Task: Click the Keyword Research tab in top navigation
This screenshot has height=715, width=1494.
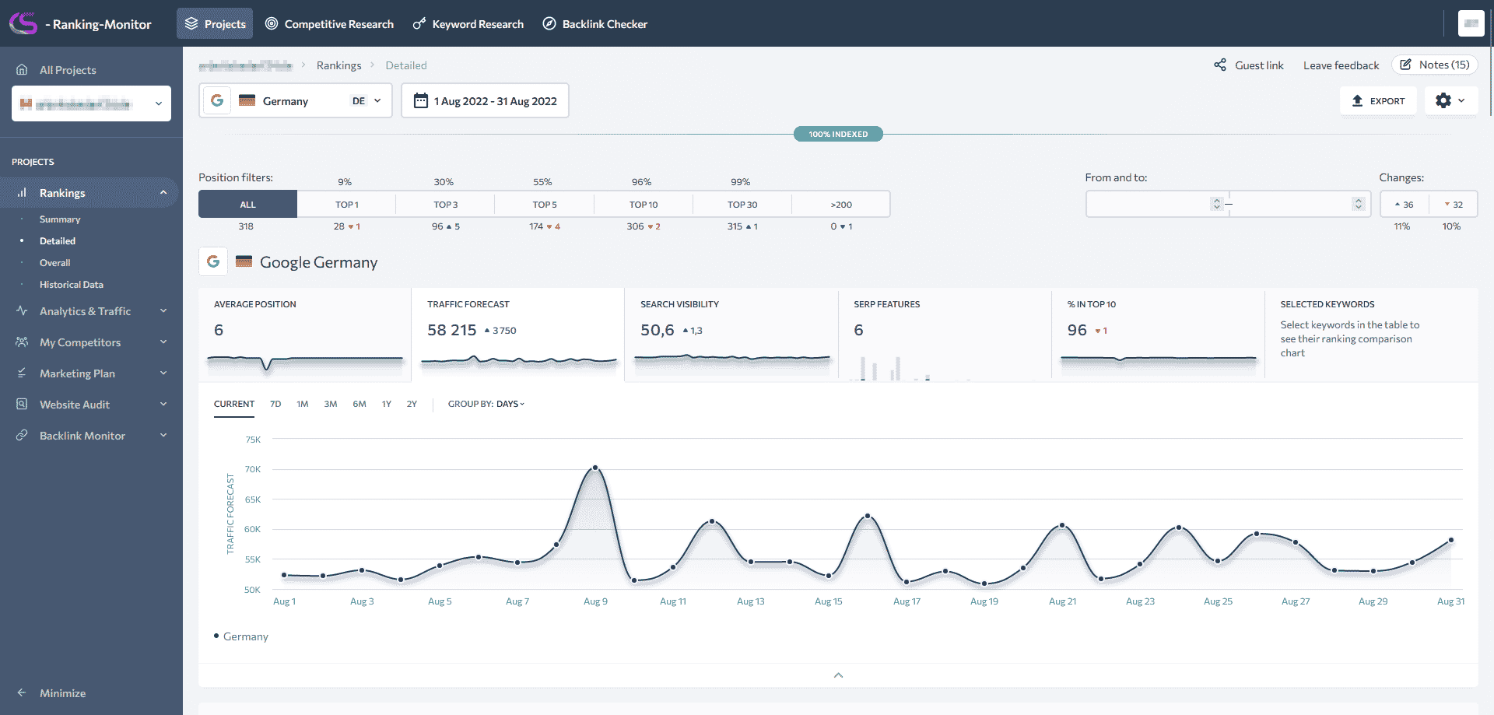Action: (468, 24)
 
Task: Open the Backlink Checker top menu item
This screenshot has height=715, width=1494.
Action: (595, 24)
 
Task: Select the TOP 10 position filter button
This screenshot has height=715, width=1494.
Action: (644, 205)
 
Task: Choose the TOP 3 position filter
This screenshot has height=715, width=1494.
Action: (446, 205)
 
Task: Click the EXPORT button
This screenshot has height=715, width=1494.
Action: (1378, 101)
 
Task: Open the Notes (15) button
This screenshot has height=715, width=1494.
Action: (1435, 65)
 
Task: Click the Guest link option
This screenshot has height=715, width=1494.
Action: (1249, 65)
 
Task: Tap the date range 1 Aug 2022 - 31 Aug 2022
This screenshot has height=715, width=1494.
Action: (485, 101)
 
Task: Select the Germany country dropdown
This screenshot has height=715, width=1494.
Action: (296, 101)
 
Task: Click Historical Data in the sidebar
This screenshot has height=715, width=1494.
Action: (72, 285)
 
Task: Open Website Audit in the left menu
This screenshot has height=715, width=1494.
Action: (75, 405)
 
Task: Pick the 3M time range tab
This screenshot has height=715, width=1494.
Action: (331, 404)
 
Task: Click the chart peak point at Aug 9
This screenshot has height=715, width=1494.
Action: (595, 468)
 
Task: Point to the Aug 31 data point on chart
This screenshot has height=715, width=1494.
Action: (1451, 540)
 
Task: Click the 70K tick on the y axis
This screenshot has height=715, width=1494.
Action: (253, 469)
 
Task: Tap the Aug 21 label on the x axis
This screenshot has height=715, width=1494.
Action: (1062, 601)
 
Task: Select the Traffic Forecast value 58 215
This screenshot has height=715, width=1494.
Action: (451, 330)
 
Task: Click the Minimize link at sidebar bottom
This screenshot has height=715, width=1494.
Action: (62, 693)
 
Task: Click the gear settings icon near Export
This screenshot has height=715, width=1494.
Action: (1443, 101)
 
